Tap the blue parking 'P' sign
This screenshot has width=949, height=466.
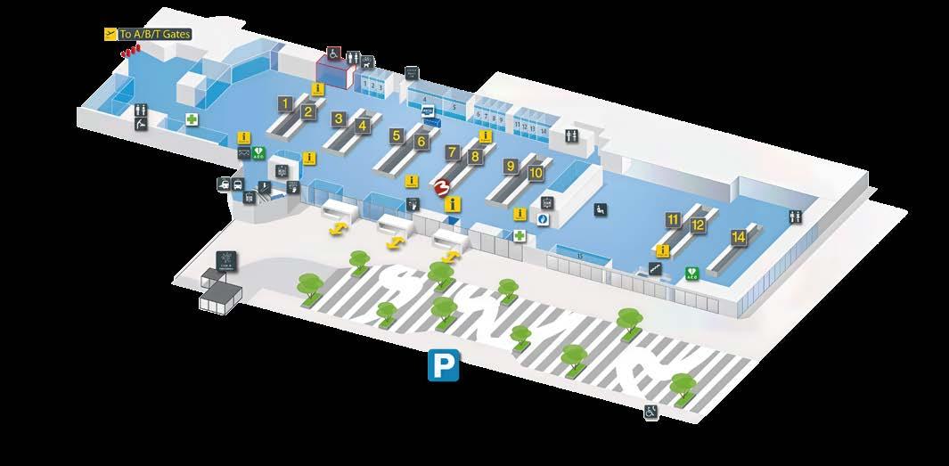coord(443,365)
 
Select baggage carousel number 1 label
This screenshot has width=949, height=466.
coord(285,103)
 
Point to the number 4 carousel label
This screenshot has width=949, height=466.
coord(362,126)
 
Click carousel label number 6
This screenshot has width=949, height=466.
coord(421,142)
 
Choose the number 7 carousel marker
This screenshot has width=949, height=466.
coord(453,152)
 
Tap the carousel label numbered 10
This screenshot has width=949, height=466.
coord(536,173)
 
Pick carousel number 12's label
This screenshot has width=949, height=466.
coord(698,225)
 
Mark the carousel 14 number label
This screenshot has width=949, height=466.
coord(738,237)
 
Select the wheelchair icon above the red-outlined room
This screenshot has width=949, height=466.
coord(333,53)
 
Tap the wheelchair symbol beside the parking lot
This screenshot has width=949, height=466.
coord(651,412)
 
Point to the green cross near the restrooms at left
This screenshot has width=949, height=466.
coord(192,119)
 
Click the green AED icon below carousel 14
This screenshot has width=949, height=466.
coord(691,273)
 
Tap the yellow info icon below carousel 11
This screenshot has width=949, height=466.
coord(662,250)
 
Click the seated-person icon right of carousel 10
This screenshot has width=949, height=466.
coord(600,208)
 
